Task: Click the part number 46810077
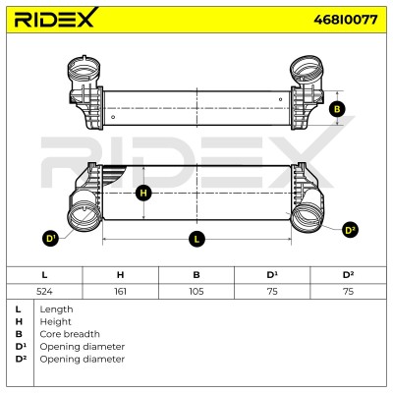[x=346, y=20]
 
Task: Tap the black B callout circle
[x=337, y=109]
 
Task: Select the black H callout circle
[x=143, y=193]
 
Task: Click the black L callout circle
[x=196, y=239]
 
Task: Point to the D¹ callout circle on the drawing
[x=50, y=238]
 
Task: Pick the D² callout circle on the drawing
[x=350, y=230]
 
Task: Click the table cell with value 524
[x=44, y=291]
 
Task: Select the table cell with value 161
[x=121, y=291]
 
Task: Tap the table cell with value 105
[x=196, y=291]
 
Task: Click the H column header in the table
[x=121, y=275]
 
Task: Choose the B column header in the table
[x=196, y=275]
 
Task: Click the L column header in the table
[x=44, y=275]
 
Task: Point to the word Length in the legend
[x=56, y=309]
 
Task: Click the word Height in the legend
[x=55, y=321]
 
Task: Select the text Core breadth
[x=70, y=334]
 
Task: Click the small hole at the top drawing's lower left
[x=113, y=117]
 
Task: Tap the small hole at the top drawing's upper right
[x=280, y=99]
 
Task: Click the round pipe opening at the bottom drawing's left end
[x=84, y=216]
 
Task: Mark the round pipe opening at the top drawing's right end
[x=308, y=70]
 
